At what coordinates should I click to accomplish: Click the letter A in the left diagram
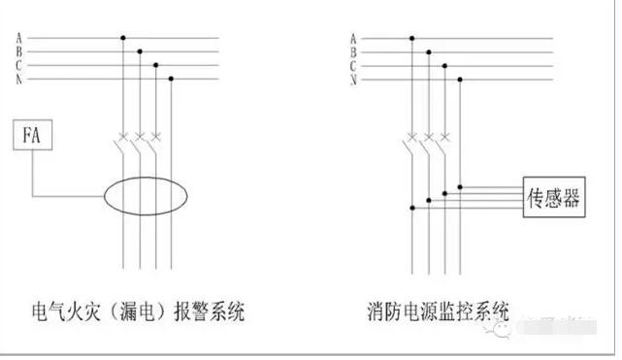pyautogui.click(x=18, y=39)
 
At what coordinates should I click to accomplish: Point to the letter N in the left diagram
pyautogui.click(x=18, y=79)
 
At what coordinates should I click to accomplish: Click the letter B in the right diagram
pyautogui.click(x=353, y=52)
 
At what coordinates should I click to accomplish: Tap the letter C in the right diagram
pyautogui.click(x=353, y=65)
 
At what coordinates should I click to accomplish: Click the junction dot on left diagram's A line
pyautogui.click(x=123, y=39)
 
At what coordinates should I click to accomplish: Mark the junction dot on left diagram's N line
pyautogui.click(x=171, y=79)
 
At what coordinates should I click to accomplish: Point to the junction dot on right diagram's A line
pyautogui.click(x=411, y=39)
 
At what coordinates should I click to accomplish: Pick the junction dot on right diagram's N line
pyautogui.click(x=460, y=79)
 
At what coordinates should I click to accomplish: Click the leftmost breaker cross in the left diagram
pyautogui.click(x=123, y=135)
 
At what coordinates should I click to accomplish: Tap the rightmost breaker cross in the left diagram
pyautogui.click(x=155, y=135)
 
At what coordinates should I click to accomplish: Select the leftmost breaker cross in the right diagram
pyautogui.click(x=411, y=135)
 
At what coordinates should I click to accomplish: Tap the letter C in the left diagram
pyautogui.click(x=18, y=65)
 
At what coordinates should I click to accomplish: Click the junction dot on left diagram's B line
pyautogui.click(x=140, y=52)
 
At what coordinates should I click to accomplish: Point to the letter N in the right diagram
pyautogui.click(x=353, y=79)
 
